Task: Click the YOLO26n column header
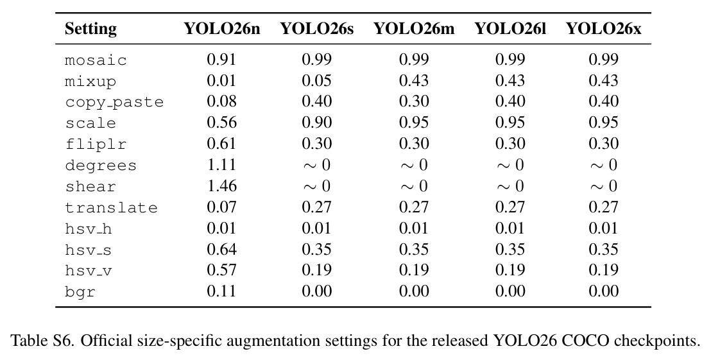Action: click(222, 29)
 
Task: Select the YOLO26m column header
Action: click(413, 29)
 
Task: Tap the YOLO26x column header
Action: click(604, 29)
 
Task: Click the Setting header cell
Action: click(90, 30)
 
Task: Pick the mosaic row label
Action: click(96, 60)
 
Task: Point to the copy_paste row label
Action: click(114, 102)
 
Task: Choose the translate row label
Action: click(111, 207)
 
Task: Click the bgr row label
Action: click(80, 291)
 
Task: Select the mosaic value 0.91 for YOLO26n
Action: click(222, 60)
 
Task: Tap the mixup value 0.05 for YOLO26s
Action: click(317, 80)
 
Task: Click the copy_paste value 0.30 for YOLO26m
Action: click(413, 101)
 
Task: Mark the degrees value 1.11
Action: click(222, 164)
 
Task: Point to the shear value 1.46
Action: click(222, 185)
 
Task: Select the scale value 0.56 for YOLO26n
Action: click(222, 122)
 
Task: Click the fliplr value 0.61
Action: click(222, 143)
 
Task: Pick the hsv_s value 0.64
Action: click(222, 249)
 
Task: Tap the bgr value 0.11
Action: click(222, 291)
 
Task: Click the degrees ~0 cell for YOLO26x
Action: click(604, 164)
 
